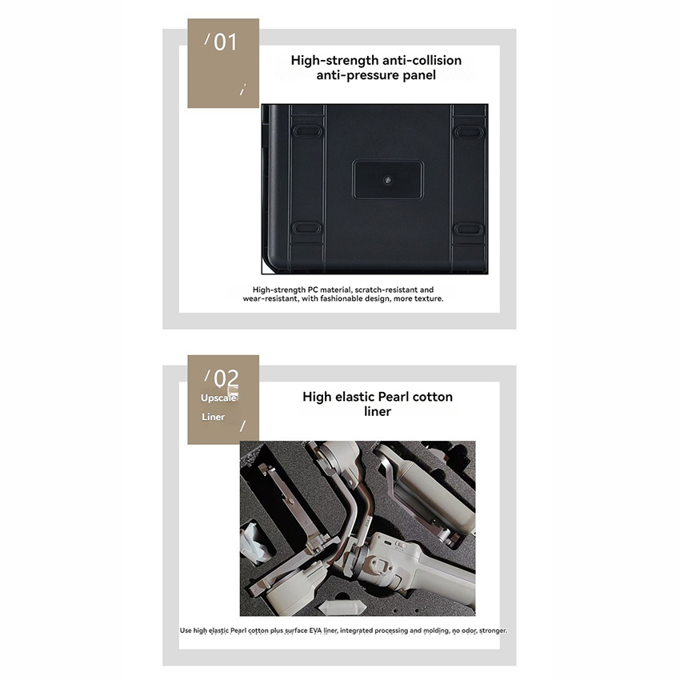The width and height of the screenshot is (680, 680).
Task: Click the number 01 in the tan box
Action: tap(226, 42)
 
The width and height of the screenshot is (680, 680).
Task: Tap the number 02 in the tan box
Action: tap(226, 378)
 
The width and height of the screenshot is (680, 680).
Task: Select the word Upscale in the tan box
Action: tap(218, 398)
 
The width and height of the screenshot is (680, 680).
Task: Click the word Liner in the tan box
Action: tap(213, 417)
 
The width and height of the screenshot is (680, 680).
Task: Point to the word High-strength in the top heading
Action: tap(329, 60)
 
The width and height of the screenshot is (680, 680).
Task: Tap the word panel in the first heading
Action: tap(419, 75)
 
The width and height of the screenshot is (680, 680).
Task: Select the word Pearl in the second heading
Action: tap(394, 396)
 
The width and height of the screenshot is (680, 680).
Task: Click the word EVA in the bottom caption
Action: tap(315, 630)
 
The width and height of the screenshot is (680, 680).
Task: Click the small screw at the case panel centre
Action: tap(388, 179)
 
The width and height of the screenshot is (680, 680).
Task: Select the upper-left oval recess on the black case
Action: tap(307, 130)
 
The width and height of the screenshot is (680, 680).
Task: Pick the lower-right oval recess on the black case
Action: tap(468, 228)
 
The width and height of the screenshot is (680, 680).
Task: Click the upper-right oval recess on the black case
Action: tap(468, 131)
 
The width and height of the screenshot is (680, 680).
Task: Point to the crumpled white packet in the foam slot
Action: tap(255, 542)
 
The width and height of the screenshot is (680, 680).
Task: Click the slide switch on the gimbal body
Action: tap(401, 545)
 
